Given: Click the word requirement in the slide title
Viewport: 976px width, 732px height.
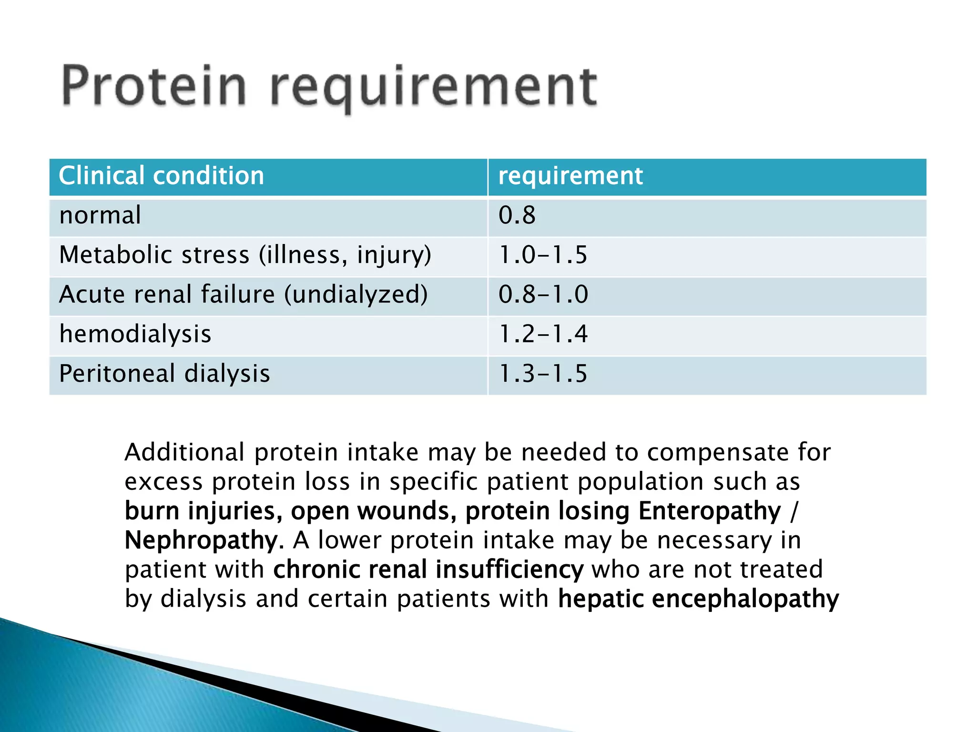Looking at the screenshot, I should (x=434, y=88).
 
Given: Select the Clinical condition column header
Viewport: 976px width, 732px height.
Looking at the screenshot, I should (x=161, y=176).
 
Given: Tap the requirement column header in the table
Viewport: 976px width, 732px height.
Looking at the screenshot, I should (x=570, y=176).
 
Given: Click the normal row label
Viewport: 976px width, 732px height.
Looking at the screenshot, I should (x=100, y=215).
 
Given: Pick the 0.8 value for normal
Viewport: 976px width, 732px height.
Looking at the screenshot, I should (x=517, y=215).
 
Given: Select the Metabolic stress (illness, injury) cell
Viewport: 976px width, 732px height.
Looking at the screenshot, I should (x=245, y=255).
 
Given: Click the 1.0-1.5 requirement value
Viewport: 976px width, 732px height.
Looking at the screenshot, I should (x=543, y=255).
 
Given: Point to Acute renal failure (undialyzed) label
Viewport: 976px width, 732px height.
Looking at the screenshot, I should (x=243, y=295).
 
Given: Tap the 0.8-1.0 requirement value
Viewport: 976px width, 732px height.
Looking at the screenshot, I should (x=543, y=295).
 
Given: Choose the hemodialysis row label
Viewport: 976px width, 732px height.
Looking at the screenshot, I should (x=135, y=334).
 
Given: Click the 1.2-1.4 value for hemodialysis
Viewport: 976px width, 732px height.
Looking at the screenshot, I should (x=543, y=334).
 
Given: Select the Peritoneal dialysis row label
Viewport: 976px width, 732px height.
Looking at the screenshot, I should (x=164, y=373).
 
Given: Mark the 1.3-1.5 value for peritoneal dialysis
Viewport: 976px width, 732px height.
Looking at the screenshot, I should (x=543, y=373).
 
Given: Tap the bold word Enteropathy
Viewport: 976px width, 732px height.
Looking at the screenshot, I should (x=710, y=511).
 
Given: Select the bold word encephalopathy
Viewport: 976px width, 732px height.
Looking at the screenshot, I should (x=745, y=599).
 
